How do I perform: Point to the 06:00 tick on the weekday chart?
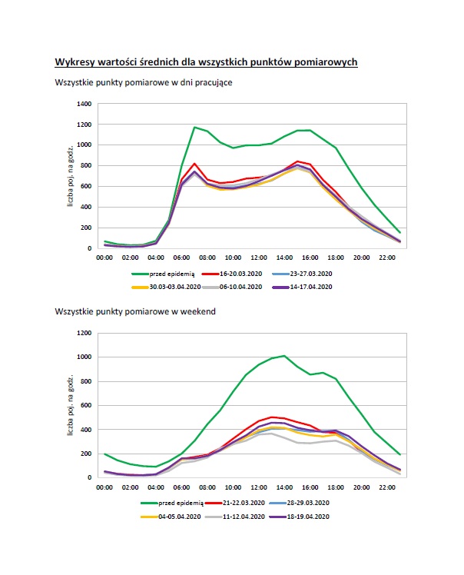(181, 258)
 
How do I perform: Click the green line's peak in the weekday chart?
(194, 128)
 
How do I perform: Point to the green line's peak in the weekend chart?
(284, 356)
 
